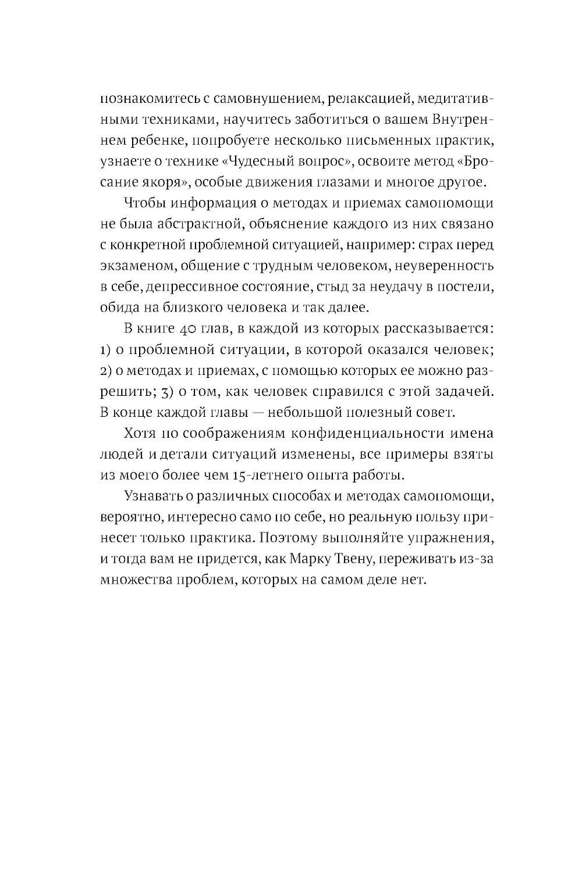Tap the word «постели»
tap(462, 287)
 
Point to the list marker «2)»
tap(105, 370)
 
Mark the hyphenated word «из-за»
tap(480, 559)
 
